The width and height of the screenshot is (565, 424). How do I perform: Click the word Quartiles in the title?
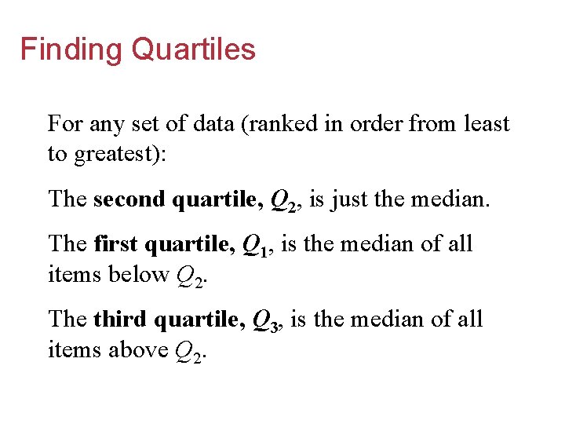(194, 49)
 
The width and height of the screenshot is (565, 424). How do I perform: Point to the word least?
(487, 124)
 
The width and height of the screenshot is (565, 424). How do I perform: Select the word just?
(348, 199)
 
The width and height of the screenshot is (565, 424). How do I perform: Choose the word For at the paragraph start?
(63, 124)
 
